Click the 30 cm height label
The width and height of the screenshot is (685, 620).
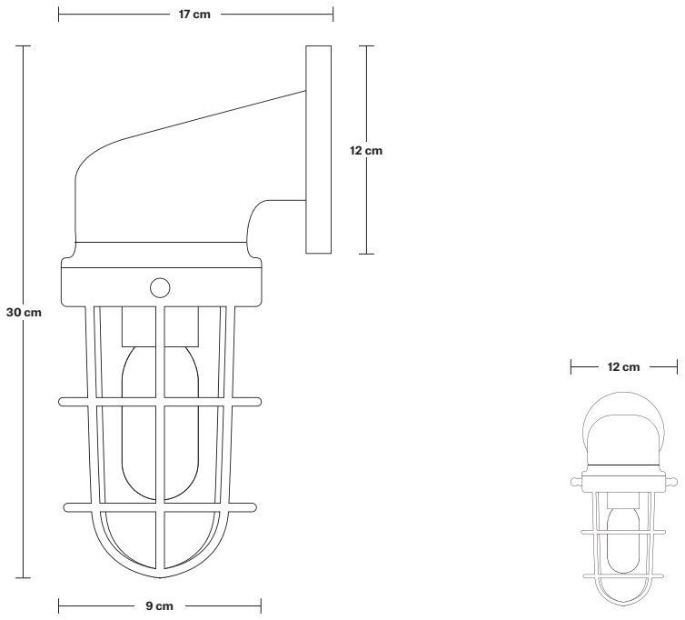pos(24,312)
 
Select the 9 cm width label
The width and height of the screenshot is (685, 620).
pos(160,605)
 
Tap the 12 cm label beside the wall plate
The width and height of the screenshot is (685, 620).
pos(366,150)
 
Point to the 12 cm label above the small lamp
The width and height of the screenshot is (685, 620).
pos(624,366)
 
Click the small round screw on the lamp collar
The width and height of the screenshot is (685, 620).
pos(160,288)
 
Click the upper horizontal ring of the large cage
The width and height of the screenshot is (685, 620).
pos(160,401)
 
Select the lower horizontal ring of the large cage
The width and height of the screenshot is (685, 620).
pos(160,505)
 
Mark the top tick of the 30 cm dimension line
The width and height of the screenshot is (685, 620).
pos(24,45)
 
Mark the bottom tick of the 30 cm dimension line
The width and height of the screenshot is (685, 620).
pos(24,577)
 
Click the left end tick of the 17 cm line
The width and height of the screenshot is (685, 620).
pos(59,15)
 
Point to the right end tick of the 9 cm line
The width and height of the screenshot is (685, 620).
pos(262,605)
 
